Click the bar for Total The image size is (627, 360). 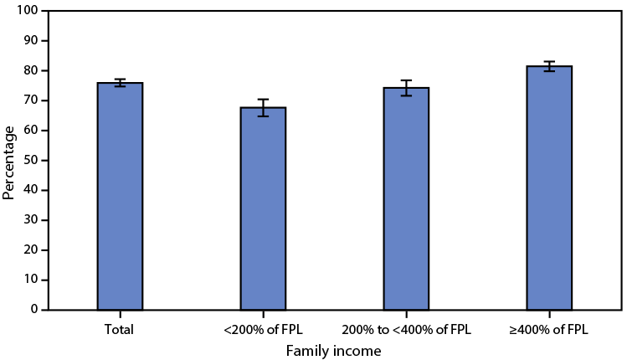pos(120,197)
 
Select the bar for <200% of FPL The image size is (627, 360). pos(263,208)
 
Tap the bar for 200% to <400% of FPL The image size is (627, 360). pos(406,198)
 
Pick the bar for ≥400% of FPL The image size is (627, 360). pos(549,188)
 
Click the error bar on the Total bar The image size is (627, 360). pos(120,83)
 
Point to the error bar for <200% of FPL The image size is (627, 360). pos(263,107)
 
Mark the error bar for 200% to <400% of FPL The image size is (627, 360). pos(406,88)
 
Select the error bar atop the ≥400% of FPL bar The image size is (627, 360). pos(549,66)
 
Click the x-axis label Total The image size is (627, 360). pos(120,329)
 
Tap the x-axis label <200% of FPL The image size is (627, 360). pos(263,329)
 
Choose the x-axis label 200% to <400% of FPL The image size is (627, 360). pos(406,329)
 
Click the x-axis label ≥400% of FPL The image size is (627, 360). pos(549,329)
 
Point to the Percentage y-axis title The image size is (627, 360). pos(9,162)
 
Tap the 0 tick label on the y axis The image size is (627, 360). pos(34,310)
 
